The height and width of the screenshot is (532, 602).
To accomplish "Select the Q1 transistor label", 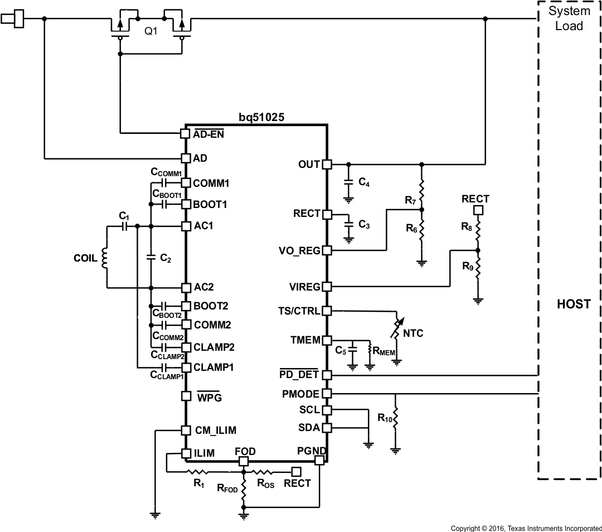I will coord(151,32).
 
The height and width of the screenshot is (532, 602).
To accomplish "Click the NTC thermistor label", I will coord(413,333).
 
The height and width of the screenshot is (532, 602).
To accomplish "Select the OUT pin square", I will coord(327,165).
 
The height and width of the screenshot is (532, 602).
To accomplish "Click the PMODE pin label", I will coord(301,394).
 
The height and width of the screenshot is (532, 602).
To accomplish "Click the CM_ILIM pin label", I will coord(215,431).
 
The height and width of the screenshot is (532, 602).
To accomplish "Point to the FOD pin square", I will coord(244,461).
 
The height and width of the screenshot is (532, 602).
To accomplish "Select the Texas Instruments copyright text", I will coord(525,527).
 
